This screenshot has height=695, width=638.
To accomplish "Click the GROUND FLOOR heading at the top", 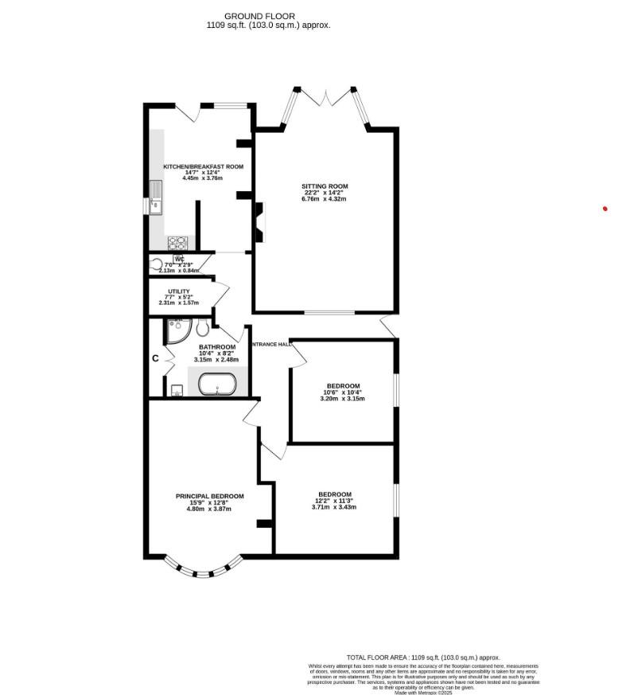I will click(259, 16).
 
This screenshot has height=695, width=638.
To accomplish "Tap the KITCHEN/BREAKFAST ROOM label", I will click(203, 166).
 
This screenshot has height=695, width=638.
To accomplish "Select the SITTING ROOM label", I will click(325, 186).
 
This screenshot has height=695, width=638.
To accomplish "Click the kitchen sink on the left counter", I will click(156, 197).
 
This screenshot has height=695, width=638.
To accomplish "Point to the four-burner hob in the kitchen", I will click(176, 243).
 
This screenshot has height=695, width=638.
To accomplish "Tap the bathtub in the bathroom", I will click(216, 386).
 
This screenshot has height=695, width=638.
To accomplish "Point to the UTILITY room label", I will click(178, 292).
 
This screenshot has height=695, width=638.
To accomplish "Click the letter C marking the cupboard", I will click(156, 359).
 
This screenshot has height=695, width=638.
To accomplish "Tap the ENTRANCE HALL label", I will click(270, 345).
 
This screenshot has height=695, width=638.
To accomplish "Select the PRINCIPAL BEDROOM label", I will click(209, 496).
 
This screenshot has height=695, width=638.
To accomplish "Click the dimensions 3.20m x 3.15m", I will click(342, 398).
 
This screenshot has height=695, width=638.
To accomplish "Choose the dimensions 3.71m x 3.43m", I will click(334, 507).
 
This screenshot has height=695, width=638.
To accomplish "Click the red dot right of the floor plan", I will click(605, 209).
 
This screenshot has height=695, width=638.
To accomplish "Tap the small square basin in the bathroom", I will click(177, 390).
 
